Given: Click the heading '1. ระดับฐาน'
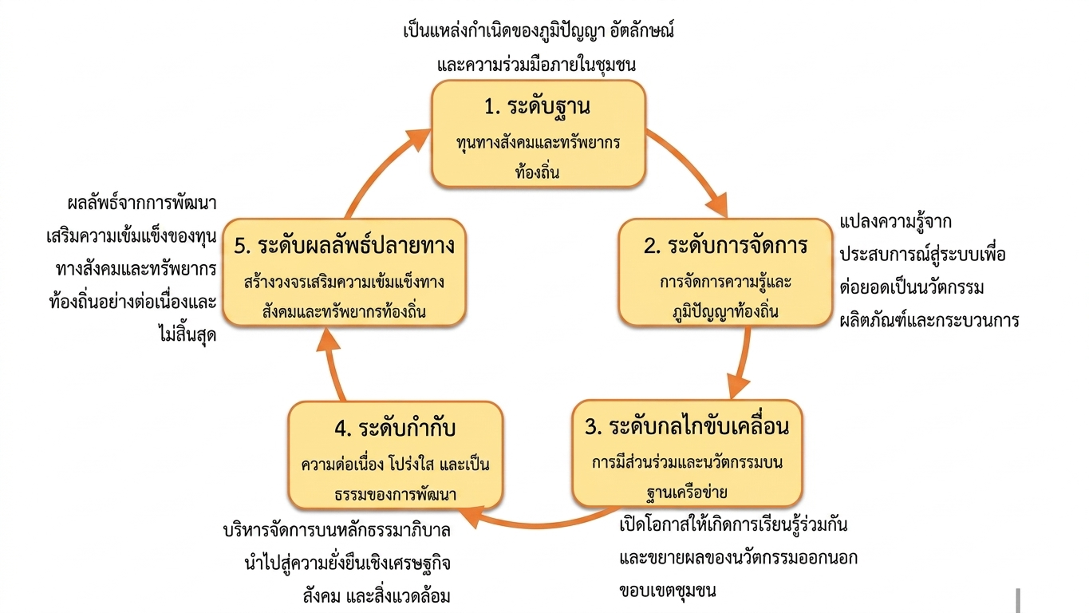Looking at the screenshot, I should tap(538, 107).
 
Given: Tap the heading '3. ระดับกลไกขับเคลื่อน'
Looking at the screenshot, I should tap(687, 426).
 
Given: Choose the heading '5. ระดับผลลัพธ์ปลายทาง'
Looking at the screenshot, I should tap(345, 245).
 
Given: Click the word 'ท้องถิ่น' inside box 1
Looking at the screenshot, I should tap(538, 170).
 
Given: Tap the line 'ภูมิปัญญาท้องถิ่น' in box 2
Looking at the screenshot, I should tap(725, 311).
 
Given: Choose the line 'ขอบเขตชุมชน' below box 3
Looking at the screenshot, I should tap(668, 591).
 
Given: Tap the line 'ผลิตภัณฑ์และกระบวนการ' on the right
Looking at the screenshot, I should tap(929, 322).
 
